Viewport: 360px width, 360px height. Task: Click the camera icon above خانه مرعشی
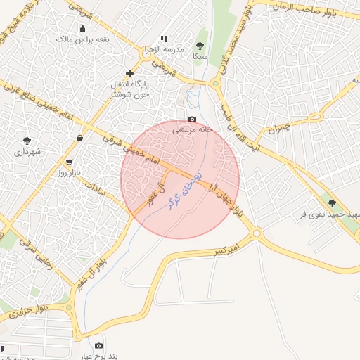[193, 120]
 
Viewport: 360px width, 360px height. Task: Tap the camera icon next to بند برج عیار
[98, 345]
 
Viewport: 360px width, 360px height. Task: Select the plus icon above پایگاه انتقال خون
[129, 73]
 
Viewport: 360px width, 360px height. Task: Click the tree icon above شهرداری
[27, 141]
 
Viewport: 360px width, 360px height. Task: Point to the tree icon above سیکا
[200, 46]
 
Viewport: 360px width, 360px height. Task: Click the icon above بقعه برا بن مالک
[84, 28]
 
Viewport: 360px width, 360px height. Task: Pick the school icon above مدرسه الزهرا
[164, 39]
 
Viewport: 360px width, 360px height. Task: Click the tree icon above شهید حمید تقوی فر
[332, 203]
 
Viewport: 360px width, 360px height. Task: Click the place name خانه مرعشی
[192, 130]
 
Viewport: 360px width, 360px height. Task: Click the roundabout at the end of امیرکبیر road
[256, 234]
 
